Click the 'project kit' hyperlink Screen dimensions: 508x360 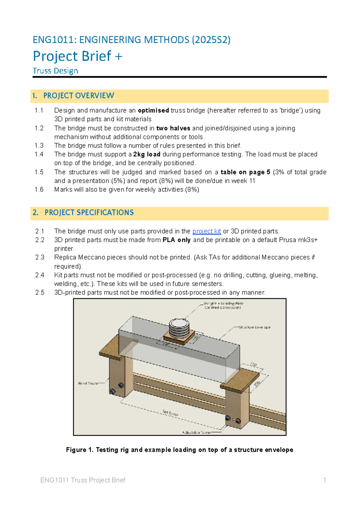pyautogui.click(x=206, y=231)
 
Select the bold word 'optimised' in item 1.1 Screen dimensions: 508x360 pyautogui.click(x=153, y=110)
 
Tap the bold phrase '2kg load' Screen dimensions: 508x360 pyautogui.click(x=147, y=154)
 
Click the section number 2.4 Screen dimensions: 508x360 pyautogui.click(x=40, y=275)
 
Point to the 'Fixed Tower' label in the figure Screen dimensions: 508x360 pyautogui.click(x=88, y=383)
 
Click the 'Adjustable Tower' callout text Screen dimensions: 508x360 pyautogui.click(x=196, y=432)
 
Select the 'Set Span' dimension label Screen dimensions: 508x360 pyautogui.click(x=170, y=413)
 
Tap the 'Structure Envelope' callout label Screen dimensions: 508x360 pyautogui.click(x=254, y=327)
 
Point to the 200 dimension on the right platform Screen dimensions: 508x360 pyautogui.click(x=257, y=384)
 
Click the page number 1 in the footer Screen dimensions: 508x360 pyautogui.click(x=325, y=480)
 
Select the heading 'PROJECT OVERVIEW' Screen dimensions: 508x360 pyautogui.click(x=79, y=96)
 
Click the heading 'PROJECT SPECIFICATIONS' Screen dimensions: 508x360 pyautogui.click(x=89, y=213)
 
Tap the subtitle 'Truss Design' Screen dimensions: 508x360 pyautogui.click(x=55, y=71)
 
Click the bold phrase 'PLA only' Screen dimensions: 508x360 pyautogui.click(x=176, y=240)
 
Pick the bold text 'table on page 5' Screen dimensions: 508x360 pyautogui.click(x=245, y=172)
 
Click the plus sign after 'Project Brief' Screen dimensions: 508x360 pyautogui.click(x=118, y=56)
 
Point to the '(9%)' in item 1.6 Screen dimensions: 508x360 pyautogui.click(x=192, y=190)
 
